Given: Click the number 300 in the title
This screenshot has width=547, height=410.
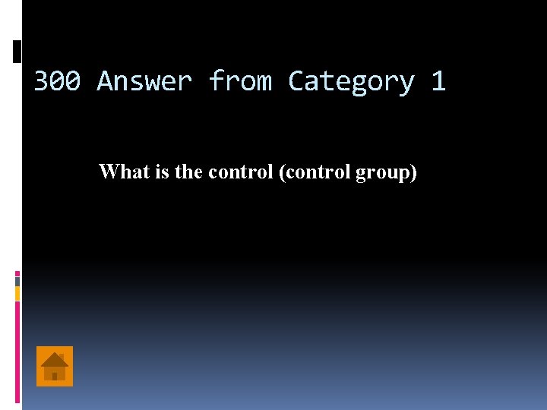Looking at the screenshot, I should (57, 80).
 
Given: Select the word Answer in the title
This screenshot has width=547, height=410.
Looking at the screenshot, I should (144, 80).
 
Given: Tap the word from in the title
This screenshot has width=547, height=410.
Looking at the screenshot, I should (240, 80).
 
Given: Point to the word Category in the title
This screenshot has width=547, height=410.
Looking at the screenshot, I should (351, 80).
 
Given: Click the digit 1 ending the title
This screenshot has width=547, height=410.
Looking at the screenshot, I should (438, 80).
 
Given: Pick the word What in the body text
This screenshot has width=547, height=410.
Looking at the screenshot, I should (124, 172).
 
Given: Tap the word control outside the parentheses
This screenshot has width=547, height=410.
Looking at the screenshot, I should (241, 172).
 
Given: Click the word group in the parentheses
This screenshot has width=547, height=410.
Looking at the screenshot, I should (385, 172).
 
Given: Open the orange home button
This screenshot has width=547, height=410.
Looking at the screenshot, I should (55, 366).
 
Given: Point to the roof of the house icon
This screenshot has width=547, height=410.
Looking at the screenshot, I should (55, 358).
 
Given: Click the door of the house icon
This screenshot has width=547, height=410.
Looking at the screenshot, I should (55, 376).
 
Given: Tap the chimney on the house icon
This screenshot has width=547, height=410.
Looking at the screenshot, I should (62, 355).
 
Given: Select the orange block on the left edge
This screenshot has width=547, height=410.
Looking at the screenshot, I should (17, 293).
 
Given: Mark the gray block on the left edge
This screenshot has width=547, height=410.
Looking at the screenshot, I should (17, 281).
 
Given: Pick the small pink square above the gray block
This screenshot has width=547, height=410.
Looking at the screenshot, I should (17, 273).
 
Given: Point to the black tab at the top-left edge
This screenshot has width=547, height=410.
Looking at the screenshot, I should (17, 51).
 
